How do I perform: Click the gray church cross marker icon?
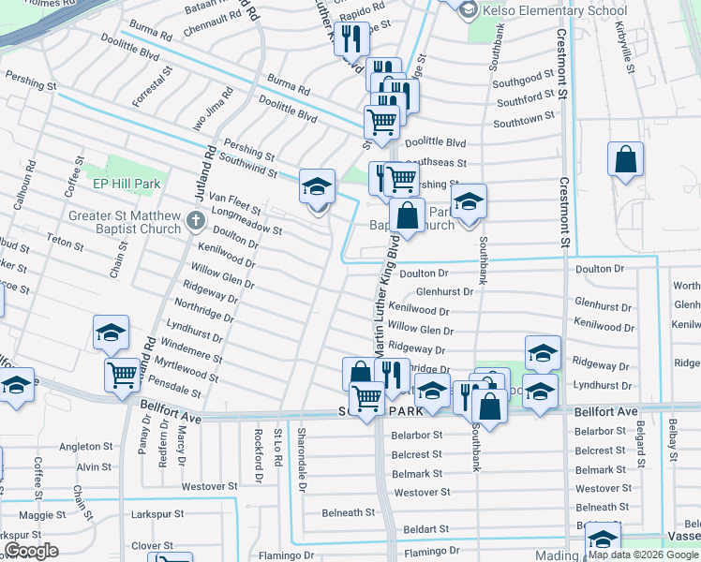[x=195, y=221]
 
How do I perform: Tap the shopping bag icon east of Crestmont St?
[x=625, y=161]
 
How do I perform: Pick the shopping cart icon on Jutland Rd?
[x=123, y=376]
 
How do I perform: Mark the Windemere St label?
[x=192, y=352]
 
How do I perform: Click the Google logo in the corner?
[x=31, y=551]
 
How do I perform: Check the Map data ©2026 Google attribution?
[x=643, y=555]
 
